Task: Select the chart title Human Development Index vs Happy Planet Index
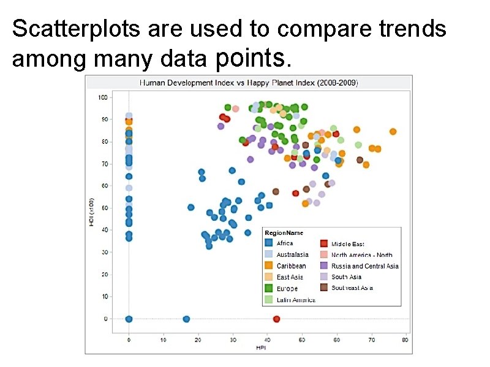pyautogui.click(x=249, y=82)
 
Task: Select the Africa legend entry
pyautogui.click(x=285, y=243)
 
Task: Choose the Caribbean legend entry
pyautogui.click(x=291, y=266)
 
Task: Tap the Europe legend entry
pyautogui.click(x=287, y=288)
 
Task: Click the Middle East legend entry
pyautogui.click(x=347, y=243)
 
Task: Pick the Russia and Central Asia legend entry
pyautogui.click(x=364, y=266)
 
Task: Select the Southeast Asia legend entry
pyautogui.click(x=352, y=287)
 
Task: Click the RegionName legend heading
pyautogui.click(x=284, y=233)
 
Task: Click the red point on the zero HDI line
pyautogui.click(x=276, y=319)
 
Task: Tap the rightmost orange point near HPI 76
pyautogui.click(x=393, y=132)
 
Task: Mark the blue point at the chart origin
pyautogui.click(x=129, y=319)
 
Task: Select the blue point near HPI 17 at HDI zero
pyautogui.click(x=186, y=319)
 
